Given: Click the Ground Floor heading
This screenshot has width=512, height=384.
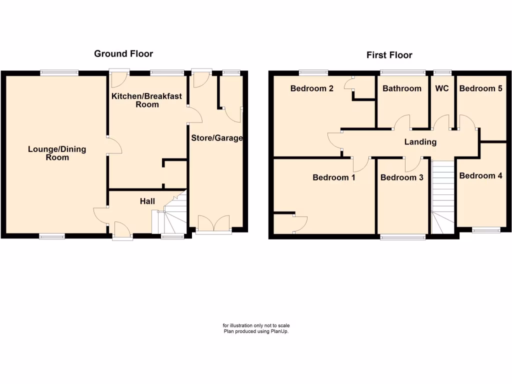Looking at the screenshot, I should pos(123,53).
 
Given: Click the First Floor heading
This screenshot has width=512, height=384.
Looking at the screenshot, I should pos(389,55).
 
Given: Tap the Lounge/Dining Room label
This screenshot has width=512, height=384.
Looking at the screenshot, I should pos(57,153).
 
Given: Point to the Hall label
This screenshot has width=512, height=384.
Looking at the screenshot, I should pos(147,201).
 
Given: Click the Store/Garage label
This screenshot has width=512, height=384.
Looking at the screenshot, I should pos(216,138).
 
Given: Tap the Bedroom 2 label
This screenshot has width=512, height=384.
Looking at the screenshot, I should pos(312,88).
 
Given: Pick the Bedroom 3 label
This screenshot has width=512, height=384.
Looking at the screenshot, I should pos(402,177).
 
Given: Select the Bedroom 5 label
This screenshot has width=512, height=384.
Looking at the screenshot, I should pos(481,88).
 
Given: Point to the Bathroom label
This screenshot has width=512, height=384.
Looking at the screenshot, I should pos(402,88).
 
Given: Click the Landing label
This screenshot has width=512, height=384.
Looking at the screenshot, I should pos(420,142).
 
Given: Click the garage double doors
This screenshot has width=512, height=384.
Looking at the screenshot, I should pos(213,223).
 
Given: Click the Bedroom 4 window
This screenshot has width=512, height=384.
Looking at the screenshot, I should pos(486,230).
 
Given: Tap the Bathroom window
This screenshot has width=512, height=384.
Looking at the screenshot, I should pos(402,72).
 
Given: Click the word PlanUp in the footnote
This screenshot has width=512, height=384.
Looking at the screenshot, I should pos(280,331).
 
